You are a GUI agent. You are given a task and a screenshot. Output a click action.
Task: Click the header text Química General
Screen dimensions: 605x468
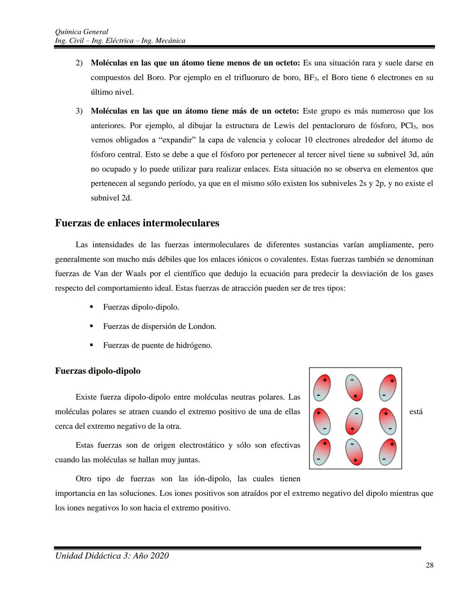point(81,32)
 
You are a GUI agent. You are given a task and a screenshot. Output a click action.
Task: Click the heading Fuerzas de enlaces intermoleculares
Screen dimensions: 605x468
point(137,223)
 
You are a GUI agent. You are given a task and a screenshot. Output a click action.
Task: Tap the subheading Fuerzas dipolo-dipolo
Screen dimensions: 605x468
point(97,371)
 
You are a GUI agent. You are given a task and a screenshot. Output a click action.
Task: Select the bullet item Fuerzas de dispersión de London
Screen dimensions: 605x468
point(159,326)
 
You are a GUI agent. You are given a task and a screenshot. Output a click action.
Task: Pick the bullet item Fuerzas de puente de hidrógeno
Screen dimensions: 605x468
point(157,346)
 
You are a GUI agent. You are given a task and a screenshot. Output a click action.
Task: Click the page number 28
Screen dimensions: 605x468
point(429,565)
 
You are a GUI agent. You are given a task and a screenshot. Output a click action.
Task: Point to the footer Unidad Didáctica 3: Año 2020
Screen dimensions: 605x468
point(112,556)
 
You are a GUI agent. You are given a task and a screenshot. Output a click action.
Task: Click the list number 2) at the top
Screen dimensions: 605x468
point(79,63)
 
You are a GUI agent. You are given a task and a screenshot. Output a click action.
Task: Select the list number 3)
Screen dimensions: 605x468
point(79,111)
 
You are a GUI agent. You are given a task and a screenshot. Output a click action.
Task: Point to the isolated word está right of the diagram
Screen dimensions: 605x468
point(416,412)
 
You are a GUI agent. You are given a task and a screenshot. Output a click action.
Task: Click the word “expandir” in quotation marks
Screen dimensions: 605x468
point(178,140)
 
